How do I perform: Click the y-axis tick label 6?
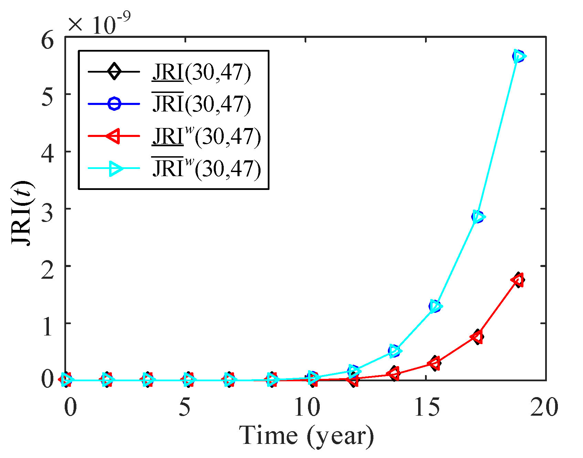pos(48,40)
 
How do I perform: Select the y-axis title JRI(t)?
pos(23,213)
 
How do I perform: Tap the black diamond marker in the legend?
pos(114,72)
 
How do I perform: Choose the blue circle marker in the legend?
pos(114,104)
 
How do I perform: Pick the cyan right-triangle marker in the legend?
pos(115,168)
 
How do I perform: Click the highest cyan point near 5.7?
pos(519,56)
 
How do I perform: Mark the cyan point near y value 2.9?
pos(478,217)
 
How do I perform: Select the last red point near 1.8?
pos(518,280)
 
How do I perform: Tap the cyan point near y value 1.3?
pos(436,306)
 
